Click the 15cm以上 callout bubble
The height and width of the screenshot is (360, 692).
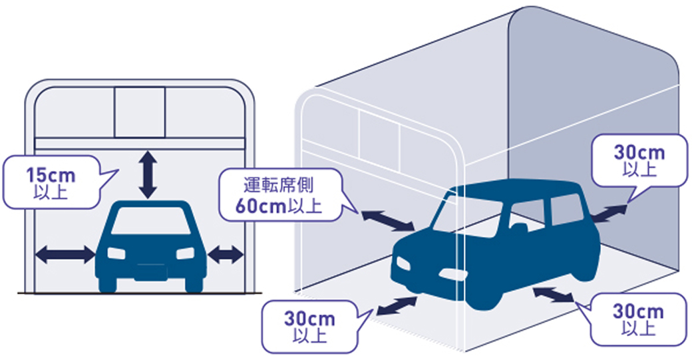(x=50, y=182)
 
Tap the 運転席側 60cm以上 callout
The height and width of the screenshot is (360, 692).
(x=279, y=193)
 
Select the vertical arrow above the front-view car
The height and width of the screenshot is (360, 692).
(x=148, y=174)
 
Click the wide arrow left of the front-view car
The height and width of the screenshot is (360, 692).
(x=65, y=253)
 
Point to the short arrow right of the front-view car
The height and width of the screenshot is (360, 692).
(x=226, y=253)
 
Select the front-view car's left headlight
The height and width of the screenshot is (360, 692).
(x=116, y=254)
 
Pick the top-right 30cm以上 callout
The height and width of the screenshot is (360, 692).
(x=638, y=160)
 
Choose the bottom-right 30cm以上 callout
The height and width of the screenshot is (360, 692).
(x=638, y=319)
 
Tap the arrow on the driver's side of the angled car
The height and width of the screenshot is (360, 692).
(x=387, y=220)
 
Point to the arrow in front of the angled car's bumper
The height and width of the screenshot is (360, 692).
(x=397, y=305)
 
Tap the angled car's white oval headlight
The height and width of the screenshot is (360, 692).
(x=450, y=275)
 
